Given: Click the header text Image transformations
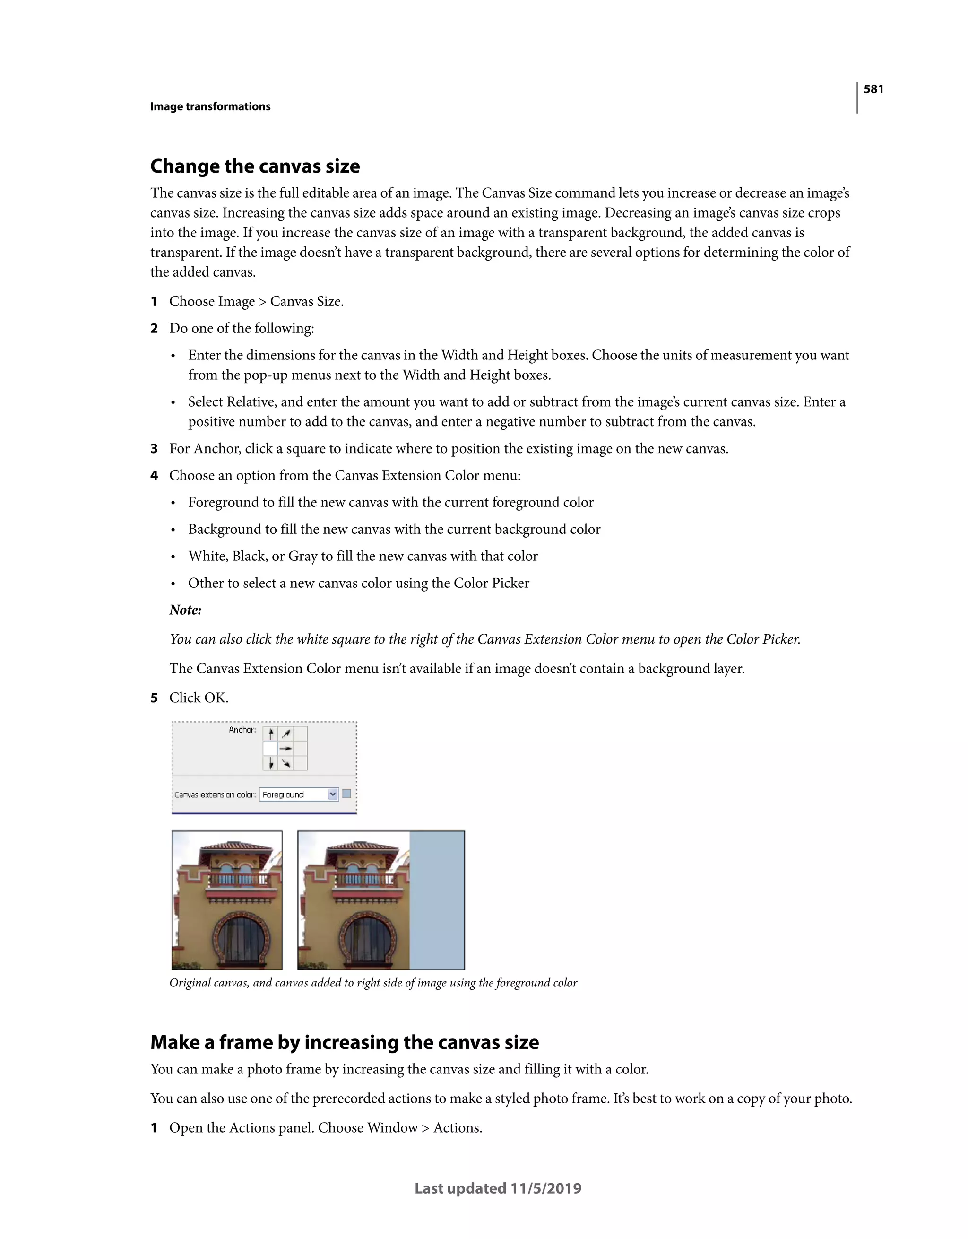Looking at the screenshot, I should click(210, 107).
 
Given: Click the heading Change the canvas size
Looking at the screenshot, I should click(255, 166).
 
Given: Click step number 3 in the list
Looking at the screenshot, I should click(154, 449).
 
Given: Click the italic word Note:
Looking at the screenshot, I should click(185, 611).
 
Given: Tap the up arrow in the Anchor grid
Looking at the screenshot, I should click(271, 733).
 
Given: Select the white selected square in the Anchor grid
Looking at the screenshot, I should click(270, 748).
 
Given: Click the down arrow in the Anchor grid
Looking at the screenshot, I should click(271, 764).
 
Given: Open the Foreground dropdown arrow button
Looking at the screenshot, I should click(333, 794).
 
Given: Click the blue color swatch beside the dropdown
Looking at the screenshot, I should click(346, 794).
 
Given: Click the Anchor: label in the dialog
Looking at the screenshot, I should click(242, 730).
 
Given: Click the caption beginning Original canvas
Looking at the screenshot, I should click(372, 983).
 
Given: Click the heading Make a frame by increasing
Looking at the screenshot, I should click(344, 1043).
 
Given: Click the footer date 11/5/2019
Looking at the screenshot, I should click(545, 1188).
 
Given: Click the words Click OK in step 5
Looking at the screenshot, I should click(199, 698).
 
